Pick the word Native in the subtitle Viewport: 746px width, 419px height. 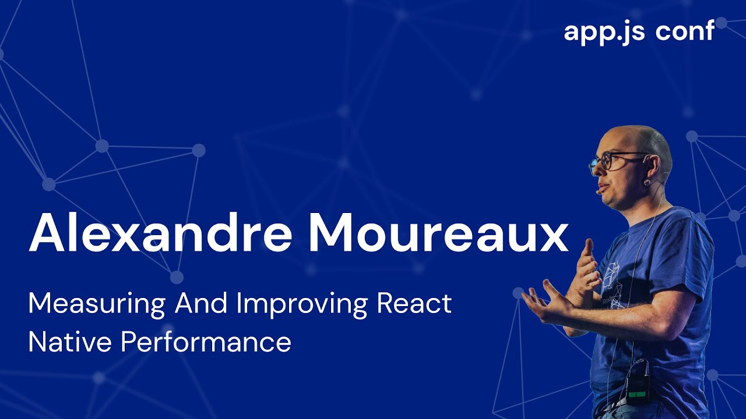(x=69, y=342)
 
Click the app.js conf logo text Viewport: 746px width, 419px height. (x=639, y=31)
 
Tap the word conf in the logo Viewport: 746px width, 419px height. (x=684, y=31)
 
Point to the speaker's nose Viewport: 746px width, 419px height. (x=593, y=169)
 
